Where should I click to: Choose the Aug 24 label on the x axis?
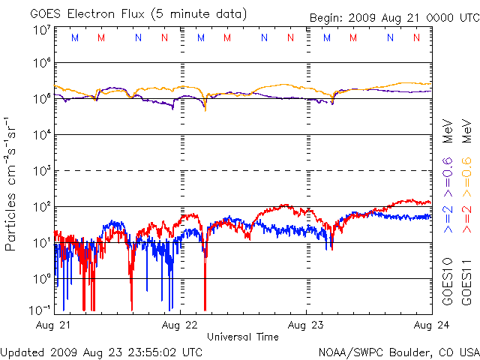click(424, 325)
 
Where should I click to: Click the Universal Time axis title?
click(243, 337)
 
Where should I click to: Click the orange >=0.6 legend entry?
click(466, 172)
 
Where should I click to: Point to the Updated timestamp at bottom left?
click(102, 351)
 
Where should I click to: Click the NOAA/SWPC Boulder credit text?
click(398, 351)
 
